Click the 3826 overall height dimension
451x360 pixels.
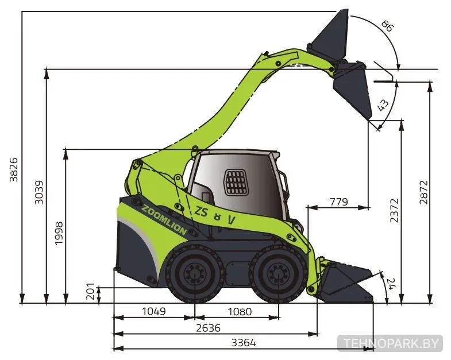(14, 169)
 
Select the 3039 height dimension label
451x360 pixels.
(38, 192)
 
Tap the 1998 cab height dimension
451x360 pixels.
(59, 233)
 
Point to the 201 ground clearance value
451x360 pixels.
(90, 291)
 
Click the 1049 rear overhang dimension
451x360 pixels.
(154, 311)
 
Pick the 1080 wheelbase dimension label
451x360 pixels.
(240, 311)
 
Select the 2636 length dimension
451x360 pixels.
(208, 328)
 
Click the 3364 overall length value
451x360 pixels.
(244, 343)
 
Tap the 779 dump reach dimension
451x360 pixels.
(338, 202)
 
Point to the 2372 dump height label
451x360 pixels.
(394, 211)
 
